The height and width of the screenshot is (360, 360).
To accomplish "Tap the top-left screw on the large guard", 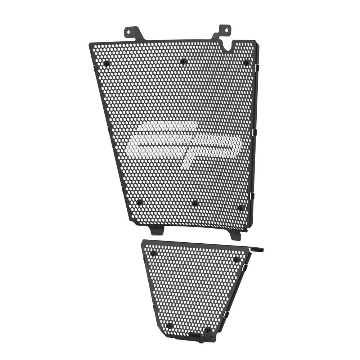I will [107, 63].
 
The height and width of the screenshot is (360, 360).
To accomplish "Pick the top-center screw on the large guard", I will [184, 61].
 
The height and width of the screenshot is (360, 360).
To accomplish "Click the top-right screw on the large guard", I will [246, 63].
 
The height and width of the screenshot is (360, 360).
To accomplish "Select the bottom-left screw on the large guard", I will [140, 202].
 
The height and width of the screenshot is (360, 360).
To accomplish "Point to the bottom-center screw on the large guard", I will [195, 203].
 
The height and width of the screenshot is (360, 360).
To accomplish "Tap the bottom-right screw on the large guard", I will [240, 208].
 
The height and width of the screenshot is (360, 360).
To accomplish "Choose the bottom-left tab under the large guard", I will [157, 229].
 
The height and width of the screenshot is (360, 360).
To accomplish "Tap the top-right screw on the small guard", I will [236, 259].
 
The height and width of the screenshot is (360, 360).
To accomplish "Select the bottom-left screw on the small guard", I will [170, 325].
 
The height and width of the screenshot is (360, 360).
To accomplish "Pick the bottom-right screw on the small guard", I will [208, 329].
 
